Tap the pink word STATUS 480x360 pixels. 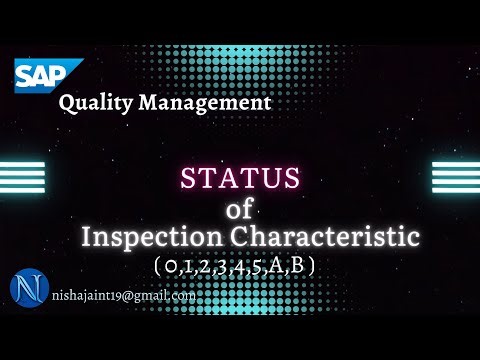[239, 179]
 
